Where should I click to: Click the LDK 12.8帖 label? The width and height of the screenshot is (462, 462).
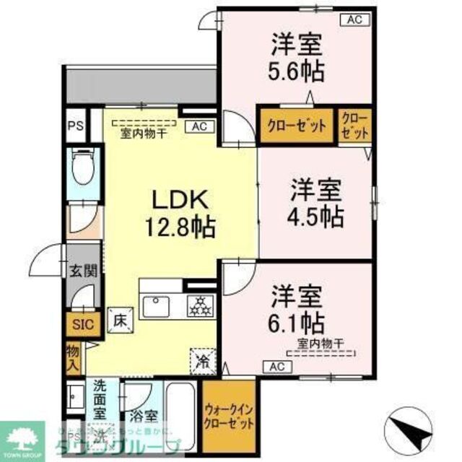click(x=180, y=214)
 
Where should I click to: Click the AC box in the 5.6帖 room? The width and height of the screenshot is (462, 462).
click(x=354, y=20)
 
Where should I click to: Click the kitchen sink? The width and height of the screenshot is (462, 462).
click(x=156, y=306)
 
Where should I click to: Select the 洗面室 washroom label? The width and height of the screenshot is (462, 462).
click(x=100, y=398)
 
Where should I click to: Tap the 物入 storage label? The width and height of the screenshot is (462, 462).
click(x=73, y=357)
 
